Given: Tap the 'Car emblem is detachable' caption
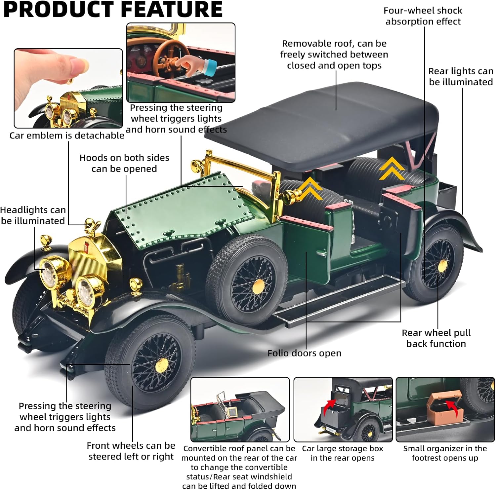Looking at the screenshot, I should click(x=66, y=135).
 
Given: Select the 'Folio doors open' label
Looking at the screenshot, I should click(x=304, y=353).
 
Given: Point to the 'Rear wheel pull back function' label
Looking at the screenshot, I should click(x=436, y=338).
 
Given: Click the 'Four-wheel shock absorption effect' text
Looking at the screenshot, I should click(x=423, y=16).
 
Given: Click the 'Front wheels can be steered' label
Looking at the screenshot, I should click(x=131, y=451).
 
